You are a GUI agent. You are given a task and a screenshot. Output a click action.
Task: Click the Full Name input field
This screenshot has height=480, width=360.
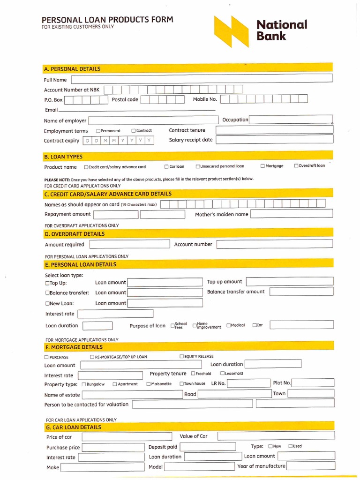coord(201,79)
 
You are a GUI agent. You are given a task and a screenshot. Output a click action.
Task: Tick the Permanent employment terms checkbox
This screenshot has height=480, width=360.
coord(98,131)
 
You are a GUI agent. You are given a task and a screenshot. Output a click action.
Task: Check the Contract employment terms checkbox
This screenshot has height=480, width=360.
coord(134,131)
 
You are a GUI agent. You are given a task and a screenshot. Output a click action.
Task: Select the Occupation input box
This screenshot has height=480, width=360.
coord(291,120)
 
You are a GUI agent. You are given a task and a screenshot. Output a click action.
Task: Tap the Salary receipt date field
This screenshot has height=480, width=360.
coord(274,140)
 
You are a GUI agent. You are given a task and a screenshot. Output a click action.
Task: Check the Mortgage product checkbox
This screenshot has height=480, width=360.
coord(263,166)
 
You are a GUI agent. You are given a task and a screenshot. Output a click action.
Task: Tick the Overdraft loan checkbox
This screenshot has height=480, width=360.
coord(296,165)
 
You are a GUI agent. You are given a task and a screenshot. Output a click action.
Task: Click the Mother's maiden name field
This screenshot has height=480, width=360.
coord(292,214)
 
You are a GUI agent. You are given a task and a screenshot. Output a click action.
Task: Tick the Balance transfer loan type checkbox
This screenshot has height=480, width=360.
coord(47,293)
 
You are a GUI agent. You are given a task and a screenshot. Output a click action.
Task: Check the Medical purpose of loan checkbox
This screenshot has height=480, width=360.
coord(229,325)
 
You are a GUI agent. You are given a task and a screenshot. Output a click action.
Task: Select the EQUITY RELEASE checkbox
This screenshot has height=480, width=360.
coord(182,357)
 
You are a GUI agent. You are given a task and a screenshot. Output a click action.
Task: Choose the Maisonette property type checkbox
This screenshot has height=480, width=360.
coord(149,384)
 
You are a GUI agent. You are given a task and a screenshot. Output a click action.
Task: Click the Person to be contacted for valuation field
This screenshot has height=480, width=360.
coord(233,404)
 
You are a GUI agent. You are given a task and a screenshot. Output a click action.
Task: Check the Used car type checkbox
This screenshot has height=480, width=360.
coord(291,446)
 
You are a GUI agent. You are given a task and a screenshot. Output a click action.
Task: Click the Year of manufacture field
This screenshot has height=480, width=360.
coord(310,466)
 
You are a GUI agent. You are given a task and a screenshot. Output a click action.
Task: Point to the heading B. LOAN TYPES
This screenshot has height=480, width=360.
coord(63,157)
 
